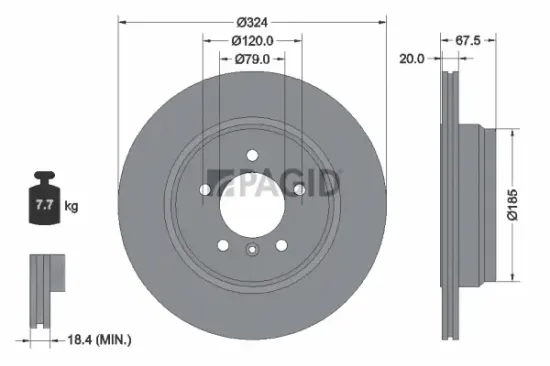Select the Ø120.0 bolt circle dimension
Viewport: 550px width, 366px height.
click(x=252, y=40)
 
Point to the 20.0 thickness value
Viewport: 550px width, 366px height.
click(x=410, y=58)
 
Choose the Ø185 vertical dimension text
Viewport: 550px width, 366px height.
click(x=527, y=206)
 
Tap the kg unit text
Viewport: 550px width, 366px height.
click(x=71, y=207)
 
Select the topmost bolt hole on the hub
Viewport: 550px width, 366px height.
click(x=252, y=154)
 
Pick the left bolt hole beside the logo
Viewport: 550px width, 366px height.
click(x=204, y=189)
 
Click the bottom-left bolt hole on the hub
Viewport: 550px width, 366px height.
click(x=222, y=245)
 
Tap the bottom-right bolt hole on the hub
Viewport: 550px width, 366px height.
click(x=282, y=245)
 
